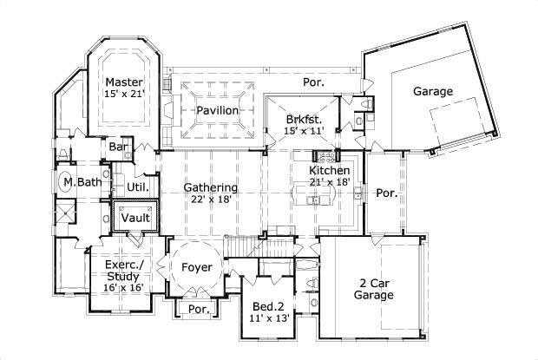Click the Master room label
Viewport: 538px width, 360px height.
[x=123, y=82]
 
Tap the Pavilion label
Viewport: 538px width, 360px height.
[x=217, y=110]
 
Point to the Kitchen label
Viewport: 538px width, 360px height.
[x=330, y=171]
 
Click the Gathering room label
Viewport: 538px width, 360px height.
[x=211, y=187]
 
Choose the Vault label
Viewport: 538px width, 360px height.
[x=135, y=217]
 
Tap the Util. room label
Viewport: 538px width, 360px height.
[x=138, y=186]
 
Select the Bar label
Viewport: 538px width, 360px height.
[x=119, y=147]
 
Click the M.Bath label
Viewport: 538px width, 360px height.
[x=82, y=182]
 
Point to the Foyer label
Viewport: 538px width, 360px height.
[x=197, y=267]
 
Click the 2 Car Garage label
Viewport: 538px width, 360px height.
[x=377, y=289]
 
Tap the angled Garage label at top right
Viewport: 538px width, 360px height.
[x=433, y=91]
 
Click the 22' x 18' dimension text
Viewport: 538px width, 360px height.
[x=211, y=200]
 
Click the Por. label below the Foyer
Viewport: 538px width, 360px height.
[x=199, y=309]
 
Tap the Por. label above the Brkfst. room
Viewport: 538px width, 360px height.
[x=313, y=82]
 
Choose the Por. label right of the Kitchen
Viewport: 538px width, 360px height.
[x=386, y=193]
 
